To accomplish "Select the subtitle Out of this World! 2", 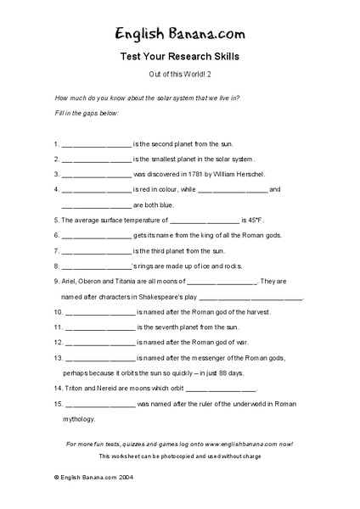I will [180, 76].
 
